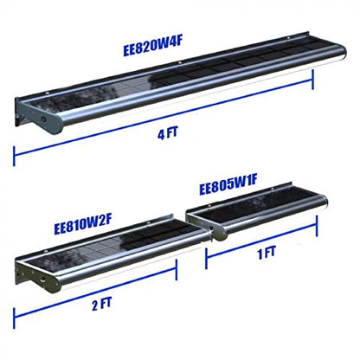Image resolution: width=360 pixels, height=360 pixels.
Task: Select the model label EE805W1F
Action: pyautogui.click(x=228, y=185)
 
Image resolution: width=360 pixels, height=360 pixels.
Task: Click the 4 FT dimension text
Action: pyautogui.click(x=168, y=134)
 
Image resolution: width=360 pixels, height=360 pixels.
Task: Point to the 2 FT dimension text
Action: pyautogui.click(x=101, y=304)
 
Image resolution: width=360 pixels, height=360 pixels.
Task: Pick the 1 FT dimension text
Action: pyautogui.click(x=267, y=253)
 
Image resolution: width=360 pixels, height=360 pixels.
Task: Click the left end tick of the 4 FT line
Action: pyautogui.click(x=14, y=156)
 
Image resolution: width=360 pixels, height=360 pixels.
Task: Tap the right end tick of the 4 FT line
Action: pyautogui.click(x=312, y=79)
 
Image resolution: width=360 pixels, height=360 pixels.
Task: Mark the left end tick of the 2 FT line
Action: pyautogui.click(x=14, y=318)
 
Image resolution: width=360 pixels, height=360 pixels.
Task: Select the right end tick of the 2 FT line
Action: pyautogui.click(x=176, y=269)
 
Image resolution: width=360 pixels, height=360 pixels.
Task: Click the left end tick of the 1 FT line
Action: pyautogui.click(x=206, y=259)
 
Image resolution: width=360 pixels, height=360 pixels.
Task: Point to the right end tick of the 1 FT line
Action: pyautogui.click(x=317, y=226)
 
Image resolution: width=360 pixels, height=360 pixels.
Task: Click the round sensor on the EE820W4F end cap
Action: pyautogui.click(x=43, y=119)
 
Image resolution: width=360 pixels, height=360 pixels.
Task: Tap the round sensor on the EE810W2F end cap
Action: pyautogui.click(x=42, y=280)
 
